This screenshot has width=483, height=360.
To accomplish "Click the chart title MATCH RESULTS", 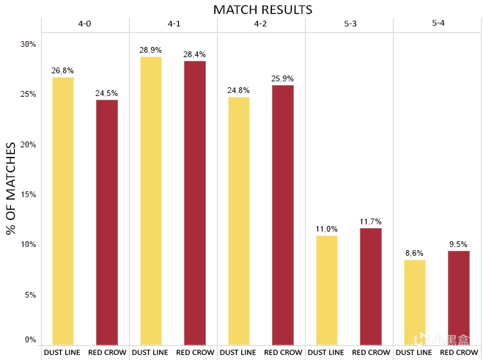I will pyautogui.click(x=262, y=10).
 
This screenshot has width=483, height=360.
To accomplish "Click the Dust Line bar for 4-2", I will pyautogui.click(x=238, y=221).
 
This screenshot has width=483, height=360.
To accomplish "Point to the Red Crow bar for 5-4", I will pyautogui.click(x=459, y=298).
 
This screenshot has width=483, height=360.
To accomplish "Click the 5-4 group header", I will pyautogui.click(x=438, y=23).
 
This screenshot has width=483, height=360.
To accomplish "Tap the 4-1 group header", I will pyautogui.click(x=174, y=23).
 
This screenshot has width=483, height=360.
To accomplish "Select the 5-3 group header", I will pyautogui.click(x=350, y=23).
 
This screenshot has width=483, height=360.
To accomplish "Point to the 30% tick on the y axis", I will pyautogui.click(x=28, y=45).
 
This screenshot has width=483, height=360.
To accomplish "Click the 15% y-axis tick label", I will pyautogui.click(x=28, y=195).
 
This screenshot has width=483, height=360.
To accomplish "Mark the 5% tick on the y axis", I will pyautogui.click(x=30, y=295).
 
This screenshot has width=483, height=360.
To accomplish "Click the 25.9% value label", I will pyautogui.click(x=283, y=78).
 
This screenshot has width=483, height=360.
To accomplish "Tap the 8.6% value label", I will pyautogui.click(x=414, y=253).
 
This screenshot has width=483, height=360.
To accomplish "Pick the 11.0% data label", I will pyautogui.click(x=326, y=229).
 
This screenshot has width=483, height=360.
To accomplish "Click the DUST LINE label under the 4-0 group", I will pyautogui.click(x=62, y=353).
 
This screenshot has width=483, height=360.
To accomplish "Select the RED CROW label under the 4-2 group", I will pyautogui.click(x=283, y=353).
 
